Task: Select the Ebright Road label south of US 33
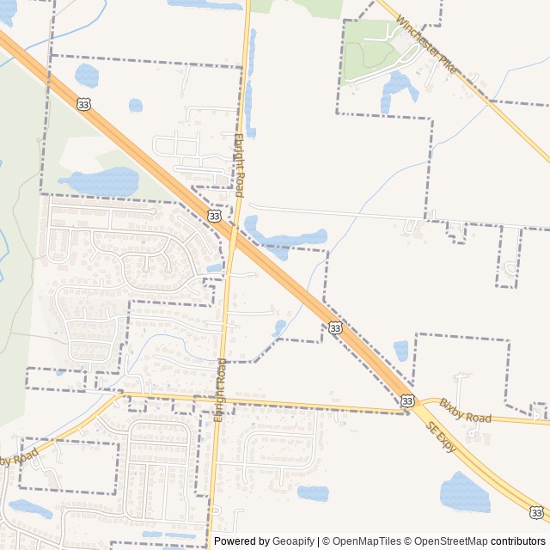coord(221,386)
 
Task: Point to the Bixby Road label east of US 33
coord(465,411)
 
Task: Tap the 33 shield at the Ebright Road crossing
coord(214,215)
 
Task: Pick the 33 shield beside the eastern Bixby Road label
coord(407,400)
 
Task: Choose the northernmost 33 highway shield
coord(83,103)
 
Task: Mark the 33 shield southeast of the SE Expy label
coord(536,512)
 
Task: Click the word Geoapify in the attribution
coord(293,541)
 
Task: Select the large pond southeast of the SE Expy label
coord(464,492)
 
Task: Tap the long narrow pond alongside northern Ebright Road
coord(249,86)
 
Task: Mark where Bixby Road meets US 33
coord(409,412)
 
